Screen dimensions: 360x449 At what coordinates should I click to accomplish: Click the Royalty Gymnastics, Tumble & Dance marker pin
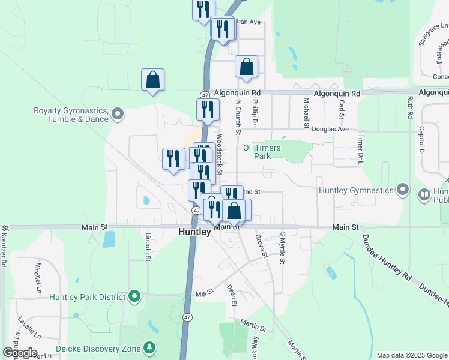(118, 113)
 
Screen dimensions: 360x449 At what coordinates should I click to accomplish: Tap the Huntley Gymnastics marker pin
(403, 191)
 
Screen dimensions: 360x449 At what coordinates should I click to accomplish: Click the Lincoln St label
(148, 245)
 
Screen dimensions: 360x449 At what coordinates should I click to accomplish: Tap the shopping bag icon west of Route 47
(152, 80)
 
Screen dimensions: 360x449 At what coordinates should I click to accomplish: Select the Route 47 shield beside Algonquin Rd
(205, 95)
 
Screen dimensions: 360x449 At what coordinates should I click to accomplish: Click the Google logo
(20, 353)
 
